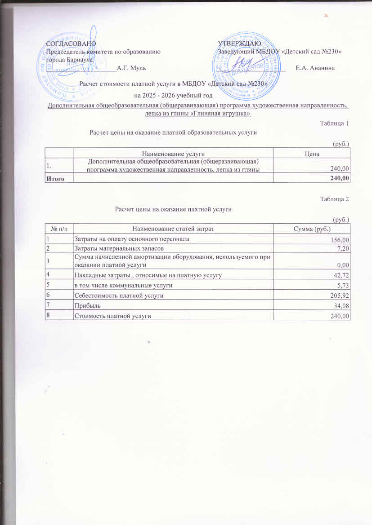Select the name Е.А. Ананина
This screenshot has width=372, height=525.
click(315, 68)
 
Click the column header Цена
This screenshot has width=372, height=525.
click(312, 154)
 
